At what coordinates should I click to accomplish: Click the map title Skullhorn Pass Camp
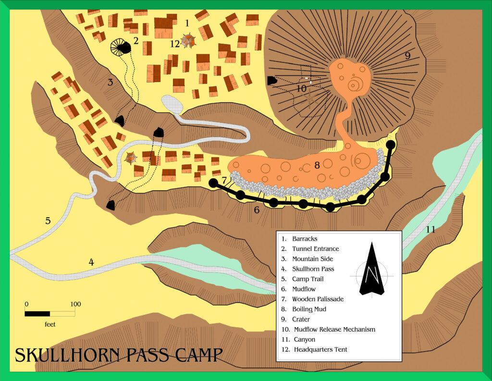pyautogui.click(x=119, y=355)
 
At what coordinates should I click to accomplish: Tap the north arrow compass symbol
pyautogui.click(x=372, y=270)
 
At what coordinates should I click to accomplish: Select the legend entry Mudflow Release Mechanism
pyautogui.click(x=334, y=330)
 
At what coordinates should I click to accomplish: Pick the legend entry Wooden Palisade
pyautogui.click(x=318, y=299)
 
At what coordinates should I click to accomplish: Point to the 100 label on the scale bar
pyautogui.click(x=75, y=304)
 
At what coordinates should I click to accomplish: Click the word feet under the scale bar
pyautogui.click(x=50, y=324)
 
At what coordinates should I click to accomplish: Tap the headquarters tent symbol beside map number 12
pyautogui.click(x=188, y=41)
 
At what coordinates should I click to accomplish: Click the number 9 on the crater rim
pyautogui.click(x=407, y=56)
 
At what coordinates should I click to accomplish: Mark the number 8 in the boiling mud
pyautogui.click(x=317, y=165)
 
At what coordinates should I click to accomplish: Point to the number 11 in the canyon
pyautogui.click(x=430, y=230)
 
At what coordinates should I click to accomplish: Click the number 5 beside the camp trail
pyautogui.click(x=48, y=221)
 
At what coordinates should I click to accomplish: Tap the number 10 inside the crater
pyautogui.click(x=301, y=89)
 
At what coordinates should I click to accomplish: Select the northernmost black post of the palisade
pyautogui.click(x=391, y=144)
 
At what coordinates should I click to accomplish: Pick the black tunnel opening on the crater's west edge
pyautogui.click(x=271, y=81)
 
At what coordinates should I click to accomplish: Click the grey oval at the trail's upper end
pyautogui.click(x=172, y=104)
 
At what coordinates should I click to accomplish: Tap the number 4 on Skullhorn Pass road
pyautogui.click(x=91, y=262)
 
